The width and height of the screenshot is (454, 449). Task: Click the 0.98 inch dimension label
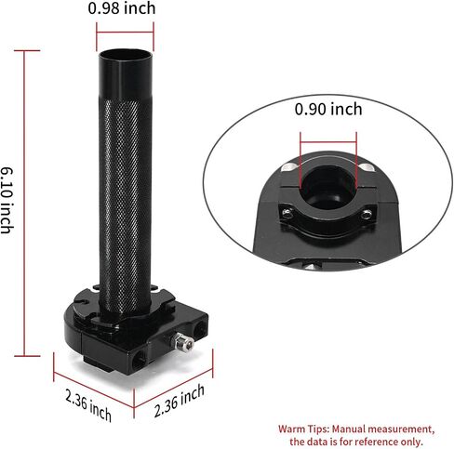point(122,8)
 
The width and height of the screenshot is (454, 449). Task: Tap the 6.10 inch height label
point(7,200)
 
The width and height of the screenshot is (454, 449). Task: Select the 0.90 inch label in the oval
point(328,110)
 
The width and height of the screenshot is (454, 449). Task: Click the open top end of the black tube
point(125,55)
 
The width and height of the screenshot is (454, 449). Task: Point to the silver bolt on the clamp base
point(184,340)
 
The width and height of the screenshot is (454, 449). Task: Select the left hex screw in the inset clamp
point(287,213)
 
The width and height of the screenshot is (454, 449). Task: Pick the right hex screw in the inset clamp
point(367,214)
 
